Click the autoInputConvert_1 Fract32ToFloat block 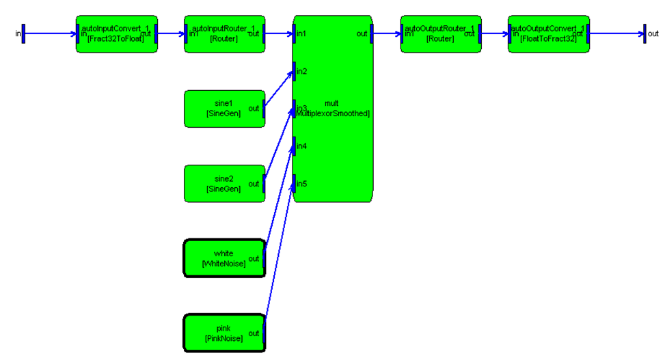(116, 33)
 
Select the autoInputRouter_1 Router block (224, 33)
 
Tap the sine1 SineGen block (223, 109)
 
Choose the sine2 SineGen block (223, 183)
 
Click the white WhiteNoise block (223, 258)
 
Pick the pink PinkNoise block (223, 333)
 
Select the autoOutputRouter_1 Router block (440, 33)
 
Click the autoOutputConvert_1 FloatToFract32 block (548, 33)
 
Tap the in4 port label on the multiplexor (302, 146)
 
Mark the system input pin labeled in (23, 33)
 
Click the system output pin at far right (644, 33)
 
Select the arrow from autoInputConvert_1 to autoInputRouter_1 (171, 33)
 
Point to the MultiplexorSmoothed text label (333, 113)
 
